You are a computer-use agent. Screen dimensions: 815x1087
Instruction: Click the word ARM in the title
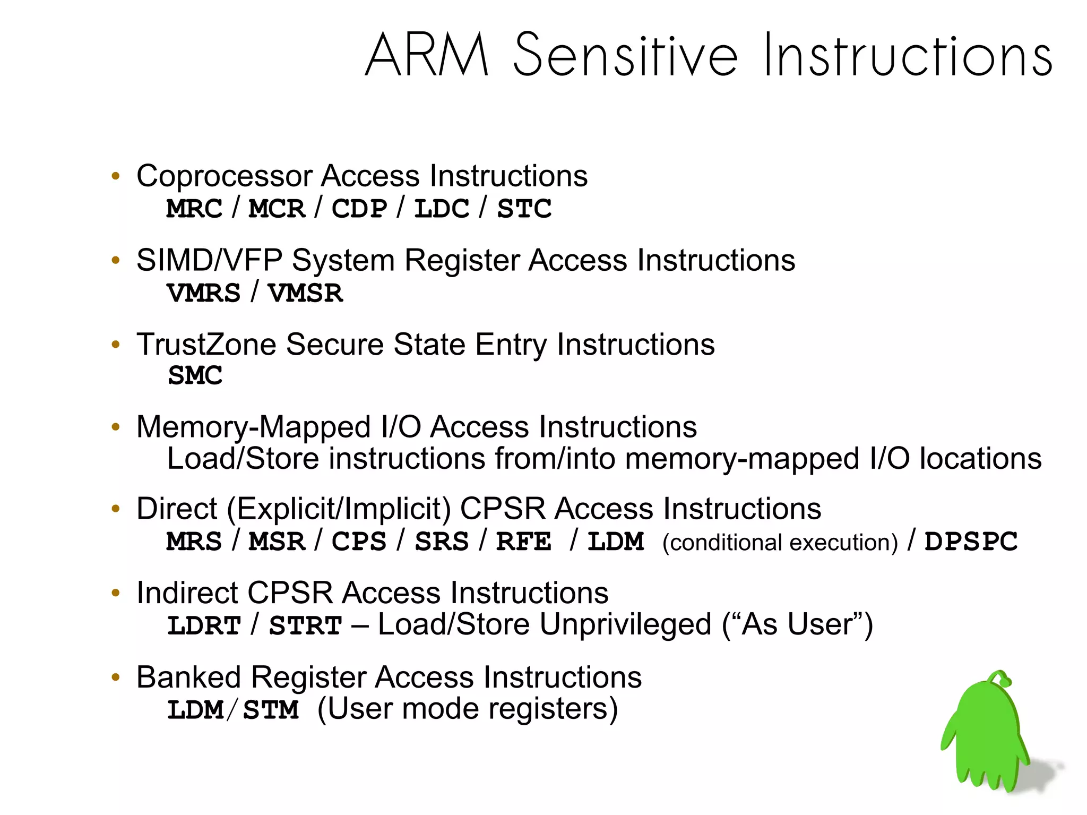(x=427, y=55)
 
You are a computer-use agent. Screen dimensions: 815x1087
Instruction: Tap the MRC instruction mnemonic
(x=194, y=209)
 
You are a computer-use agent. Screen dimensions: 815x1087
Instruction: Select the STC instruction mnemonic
(x=524, y=209)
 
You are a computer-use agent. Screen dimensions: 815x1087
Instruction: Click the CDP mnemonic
(x=359, y=209)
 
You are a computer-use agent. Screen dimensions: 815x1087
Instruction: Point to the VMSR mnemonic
(x=305, y=293)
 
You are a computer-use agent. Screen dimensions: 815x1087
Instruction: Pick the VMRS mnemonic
(x=204, y=293)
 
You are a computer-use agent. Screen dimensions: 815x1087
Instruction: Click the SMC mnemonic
(x=195, y=376)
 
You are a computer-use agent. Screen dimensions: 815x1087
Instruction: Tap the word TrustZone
(x=206, y=345)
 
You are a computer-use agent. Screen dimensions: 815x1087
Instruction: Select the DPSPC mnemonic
(x=971, y=542)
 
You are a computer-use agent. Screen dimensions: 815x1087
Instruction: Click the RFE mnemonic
(x=523, y=542)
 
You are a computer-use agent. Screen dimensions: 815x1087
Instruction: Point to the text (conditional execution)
(x=780, y=543)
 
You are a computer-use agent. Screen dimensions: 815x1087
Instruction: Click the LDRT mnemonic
(x=204, y=625)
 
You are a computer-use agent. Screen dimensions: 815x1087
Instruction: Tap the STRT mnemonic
(x=305, y=625)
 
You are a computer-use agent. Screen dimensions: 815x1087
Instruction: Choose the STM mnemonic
(x=271, y=710)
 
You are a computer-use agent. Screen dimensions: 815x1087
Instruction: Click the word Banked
(x=188, y=677)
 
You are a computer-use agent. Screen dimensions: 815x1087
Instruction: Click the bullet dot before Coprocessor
(x=116, y=176)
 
